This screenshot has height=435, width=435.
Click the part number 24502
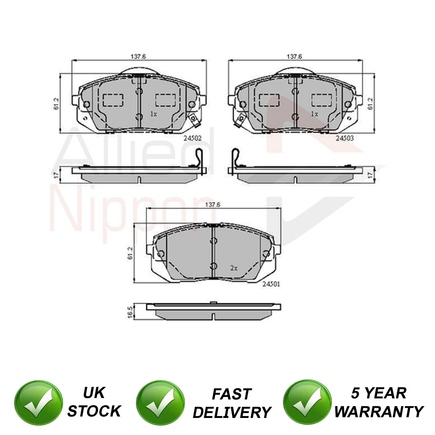(x=192, y=138)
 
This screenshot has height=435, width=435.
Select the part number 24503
(x=345, y=138)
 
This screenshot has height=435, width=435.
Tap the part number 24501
(x=271, y=284)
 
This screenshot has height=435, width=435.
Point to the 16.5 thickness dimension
(x=130, y=312)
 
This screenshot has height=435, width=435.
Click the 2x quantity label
(x=234, y=268)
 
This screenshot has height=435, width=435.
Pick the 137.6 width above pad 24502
(x=138, y=57)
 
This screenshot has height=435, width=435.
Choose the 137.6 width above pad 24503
(x=294, y=57)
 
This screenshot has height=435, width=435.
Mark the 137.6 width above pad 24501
(x=212, y=205)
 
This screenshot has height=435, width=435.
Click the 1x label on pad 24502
(x=153, y=114)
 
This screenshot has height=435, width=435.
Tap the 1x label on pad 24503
(x=314, y=114)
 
